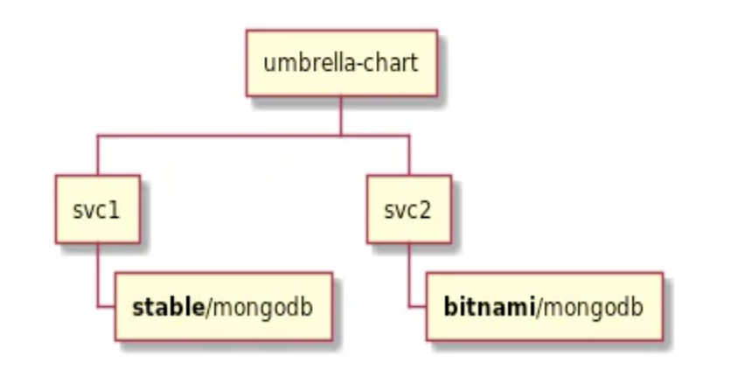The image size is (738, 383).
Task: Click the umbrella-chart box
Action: tap(341, 63)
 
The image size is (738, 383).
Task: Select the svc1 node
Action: tap(98, 209)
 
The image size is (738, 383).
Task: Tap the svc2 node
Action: tap(408, 209)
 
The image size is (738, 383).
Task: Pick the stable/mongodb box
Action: tap(223, 307)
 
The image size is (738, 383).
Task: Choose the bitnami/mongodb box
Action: tap(544, 307)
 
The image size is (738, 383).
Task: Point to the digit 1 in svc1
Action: tap(117, 210)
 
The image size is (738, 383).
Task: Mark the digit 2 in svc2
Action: tap(428, 210)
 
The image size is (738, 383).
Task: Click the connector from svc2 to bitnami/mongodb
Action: tap(409, 278)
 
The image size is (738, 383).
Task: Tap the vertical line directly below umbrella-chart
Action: tap(341, 115)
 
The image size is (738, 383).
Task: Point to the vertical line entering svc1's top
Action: tap(98, 156)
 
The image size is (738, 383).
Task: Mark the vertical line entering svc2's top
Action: tap(408, 156)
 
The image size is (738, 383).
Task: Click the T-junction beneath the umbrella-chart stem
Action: tap(341, 136)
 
